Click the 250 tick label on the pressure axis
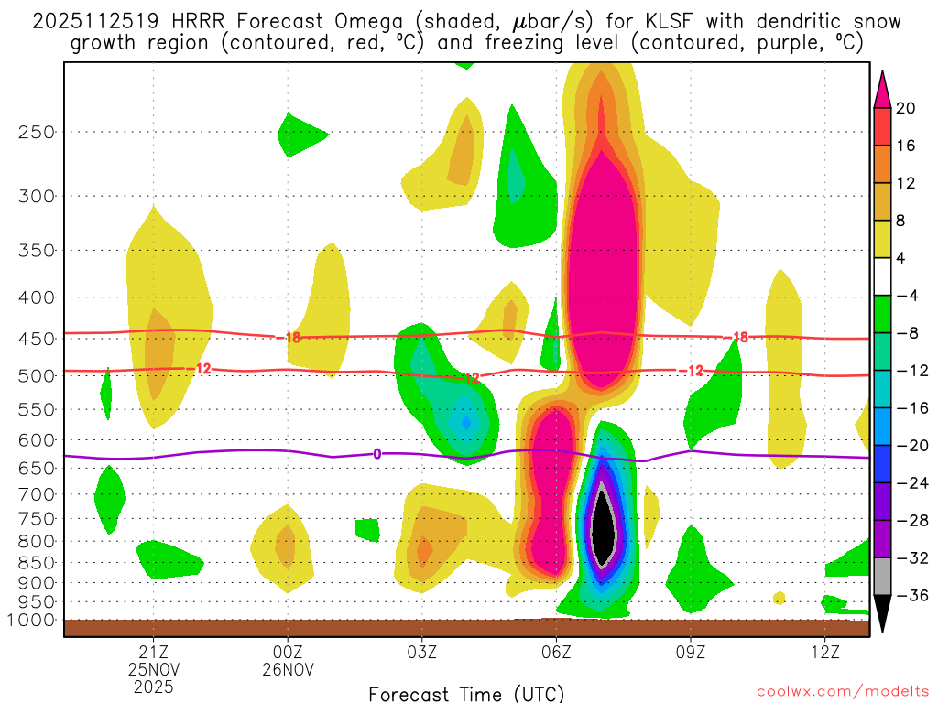pos(36,132)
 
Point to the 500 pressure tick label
pos(36,375)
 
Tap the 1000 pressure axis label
pos(32,621)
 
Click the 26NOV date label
pos(289,669)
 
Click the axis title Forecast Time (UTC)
pos(466,693)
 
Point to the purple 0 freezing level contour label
pos(376,454)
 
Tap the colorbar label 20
pos(906,108)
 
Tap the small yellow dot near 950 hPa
pos(779,598)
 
